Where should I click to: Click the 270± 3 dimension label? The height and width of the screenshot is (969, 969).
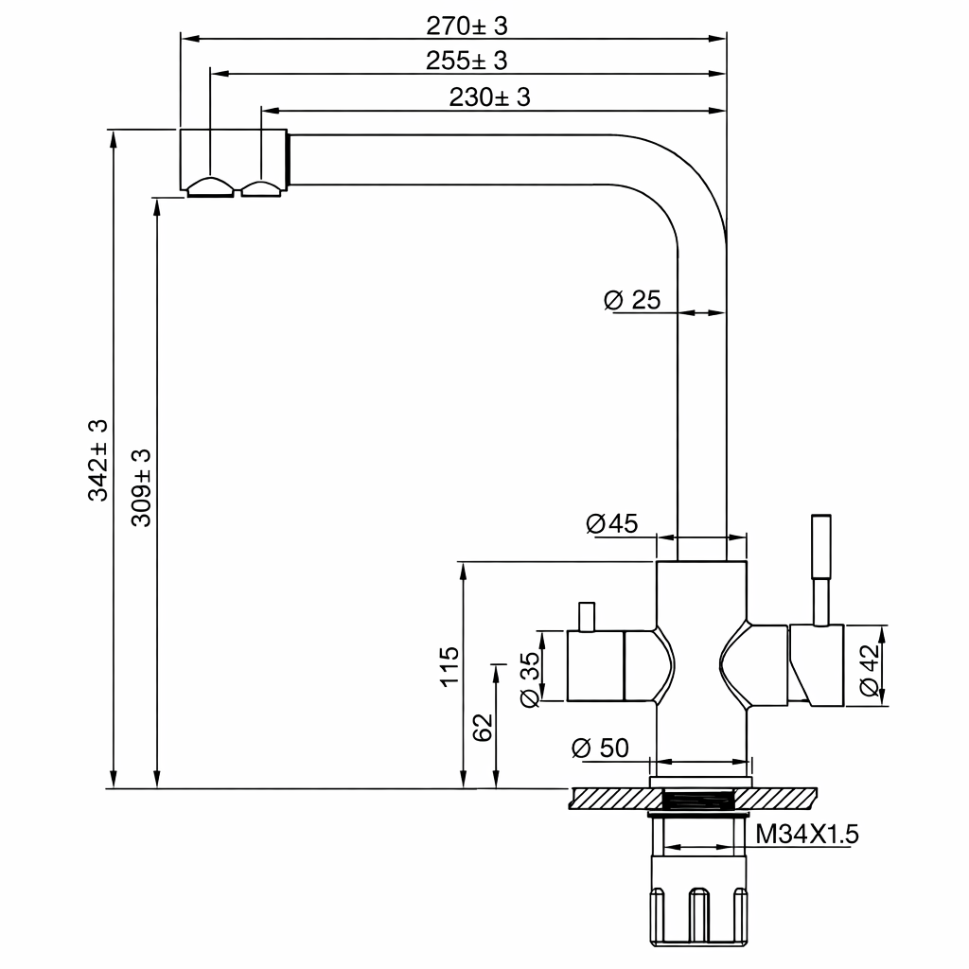click(467, 26)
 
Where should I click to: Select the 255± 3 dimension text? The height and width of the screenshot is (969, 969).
click(467, 61)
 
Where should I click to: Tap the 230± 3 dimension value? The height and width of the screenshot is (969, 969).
click(489, 97)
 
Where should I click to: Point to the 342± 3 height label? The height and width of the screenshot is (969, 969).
click(97, 460)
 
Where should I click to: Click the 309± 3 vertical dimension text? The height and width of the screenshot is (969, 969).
click(141, 487)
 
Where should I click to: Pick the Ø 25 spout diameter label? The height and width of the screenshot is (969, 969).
click(632, 300)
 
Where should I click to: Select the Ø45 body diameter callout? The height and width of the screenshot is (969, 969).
click(612, 523)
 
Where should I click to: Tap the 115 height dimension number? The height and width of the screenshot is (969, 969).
click(449, 666)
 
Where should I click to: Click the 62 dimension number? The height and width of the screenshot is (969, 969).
click(483, 728)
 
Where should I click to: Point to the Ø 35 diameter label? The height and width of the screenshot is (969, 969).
click(530, 679)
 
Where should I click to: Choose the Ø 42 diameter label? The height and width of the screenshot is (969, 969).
click(869, 670)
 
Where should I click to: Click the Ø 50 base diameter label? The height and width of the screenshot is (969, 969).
click(600, 748)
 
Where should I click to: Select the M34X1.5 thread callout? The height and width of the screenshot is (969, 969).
click(807, 835)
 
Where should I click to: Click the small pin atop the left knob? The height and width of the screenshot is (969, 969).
click(587, 617)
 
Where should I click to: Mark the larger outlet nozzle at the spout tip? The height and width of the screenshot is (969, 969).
click(211, 187)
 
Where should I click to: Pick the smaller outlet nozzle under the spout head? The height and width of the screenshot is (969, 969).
click(261, 188)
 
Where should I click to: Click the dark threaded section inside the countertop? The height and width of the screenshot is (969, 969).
click(698, 800)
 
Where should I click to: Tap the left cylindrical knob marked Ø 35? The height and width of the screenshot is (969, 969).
click(596, 666)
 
